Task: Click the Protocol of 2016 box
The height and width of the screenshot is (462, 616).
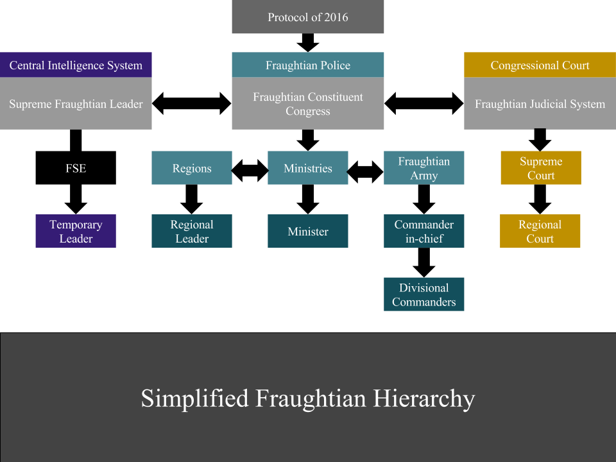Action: [308, 17]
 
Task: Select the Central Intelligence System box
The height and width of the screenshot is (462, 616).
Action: [76, 65]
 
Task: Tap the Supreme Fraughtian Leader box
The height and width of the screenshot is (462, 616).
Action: [76, 104]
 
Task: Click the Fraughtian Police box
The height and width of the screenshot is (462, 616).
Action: [308, 65]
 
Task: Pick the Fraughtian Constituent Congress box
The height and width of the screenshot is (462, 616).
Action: [308, 104]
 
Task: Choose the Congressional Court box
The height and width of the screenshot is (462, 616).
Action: [540, 65]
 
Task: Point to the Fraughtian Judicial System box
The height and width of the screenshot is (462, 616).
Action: [540, 104]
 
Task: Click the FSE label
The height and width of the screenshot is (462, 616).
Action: [76, 169]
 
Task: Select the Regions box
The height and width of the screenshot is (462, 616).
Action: [192, 168]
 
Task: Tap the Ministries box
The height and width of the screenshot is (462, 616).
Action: [308, 168]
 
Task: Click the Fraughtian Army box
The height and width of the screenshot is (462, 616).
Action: [424, 168]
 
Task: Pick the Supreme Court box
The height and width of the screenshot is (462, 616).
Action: [541, 168]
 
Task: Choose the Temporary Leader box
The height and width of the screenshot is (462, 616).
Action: [76, 232]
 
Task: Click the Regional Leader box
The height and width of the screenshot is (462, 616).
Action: [192, 232]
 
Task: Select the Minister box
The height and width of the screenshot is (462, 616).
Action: [308, 232]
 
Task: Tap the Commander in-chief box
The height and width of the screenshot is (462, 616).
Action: [424, 232]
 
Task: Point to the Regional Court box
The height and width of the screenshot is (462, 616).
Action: [540, 232]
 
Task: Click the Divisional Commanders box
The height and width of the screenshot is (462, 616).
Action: [424, 295]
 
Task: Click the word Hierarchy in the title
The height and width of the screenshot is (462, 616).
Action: [427, 398]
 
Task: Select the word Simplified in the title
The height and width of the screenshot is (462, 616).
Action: [194, 398]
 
